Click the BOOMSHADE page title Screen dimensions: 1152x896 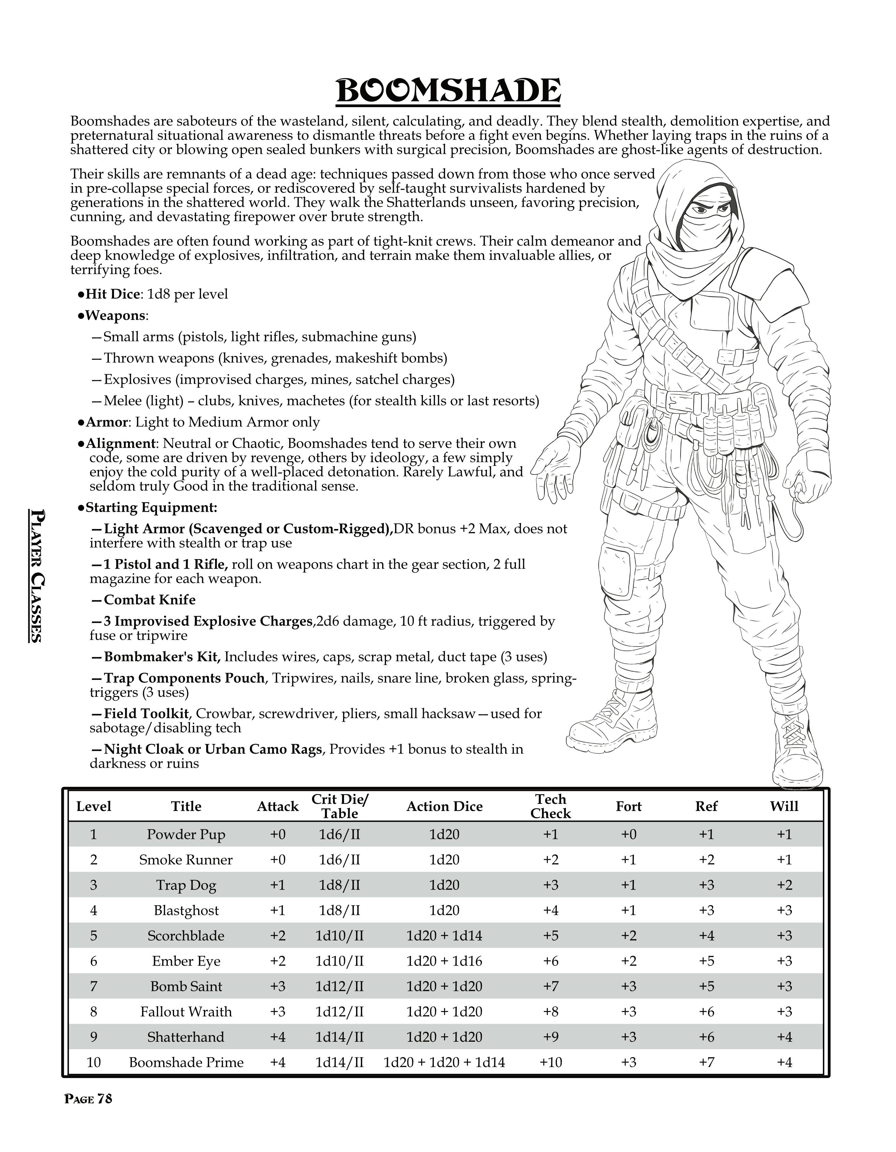coord(448,91)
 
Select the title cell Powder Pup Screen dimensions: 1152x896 coord(186,835)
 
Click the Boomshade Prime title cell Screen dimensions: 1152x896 coord(186,1062)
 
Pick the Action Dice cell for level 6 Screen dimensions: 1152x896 coord(444,961)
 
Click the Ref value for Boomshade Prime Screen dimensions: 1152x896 coord(706,1062)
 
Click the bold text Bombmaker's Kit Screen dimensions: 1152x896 coord(163,657)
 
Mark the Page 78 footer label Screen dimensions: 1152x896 coord(88,1099)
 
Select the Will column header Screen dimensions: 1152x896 coord(784,806)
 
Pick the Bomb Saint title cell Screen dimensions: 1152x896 coord(186,986)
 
